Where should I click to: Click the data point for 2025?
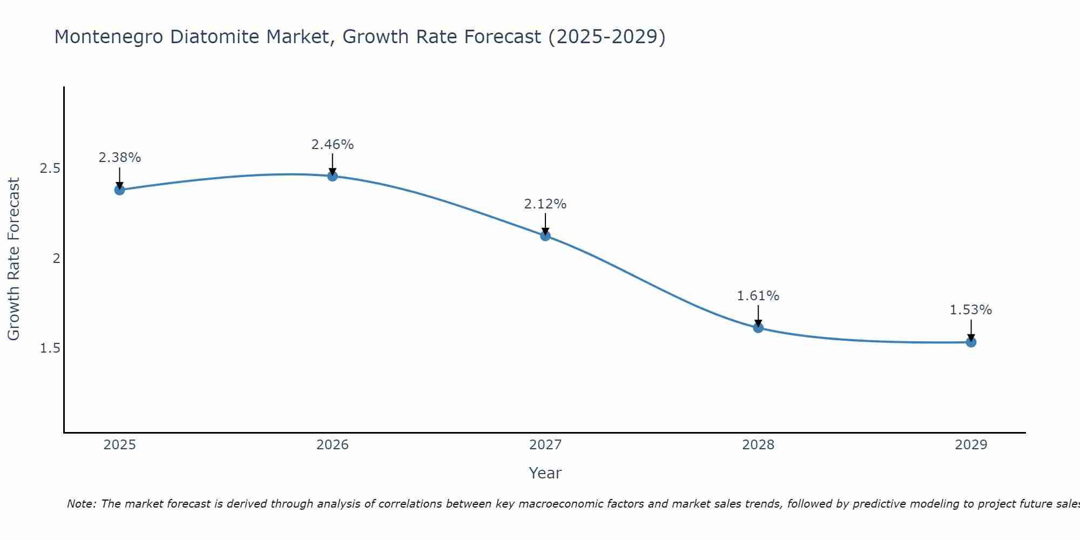tap(119, 190)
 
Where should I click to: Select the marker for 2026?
tap(332, 175)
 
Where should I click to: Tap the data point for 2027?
tap(545, 235)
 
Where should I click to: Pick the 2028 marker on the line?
tap(758, 327)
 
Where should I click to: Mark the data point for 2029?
tap(970, 342)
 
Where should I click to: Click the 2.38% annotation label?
tap(119, 158)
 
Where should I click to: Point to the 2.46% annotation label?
tap(332, 145)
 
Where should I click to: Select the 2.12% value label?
tap(545, 204)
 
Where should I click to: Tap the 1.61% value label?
tap(758, 296)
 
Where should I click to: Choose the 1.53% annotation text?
tap(970, 310)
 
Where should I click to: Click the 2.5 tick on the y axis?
tap(50, 168)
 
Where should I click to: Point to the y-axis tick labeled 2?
tap(56, 258)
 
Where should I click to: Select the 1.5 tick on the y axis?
tap(50, 348)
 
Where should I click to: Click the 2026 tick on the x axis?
tap(332, 445)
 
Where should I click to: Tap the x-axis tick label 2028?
tap(758, 445)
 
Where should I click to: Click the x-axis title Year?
tap(545, 473)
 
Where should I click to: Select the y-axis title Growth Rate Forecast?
tap(13, 259)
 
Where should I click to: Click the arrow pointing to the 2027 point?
tap(545, 223)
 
